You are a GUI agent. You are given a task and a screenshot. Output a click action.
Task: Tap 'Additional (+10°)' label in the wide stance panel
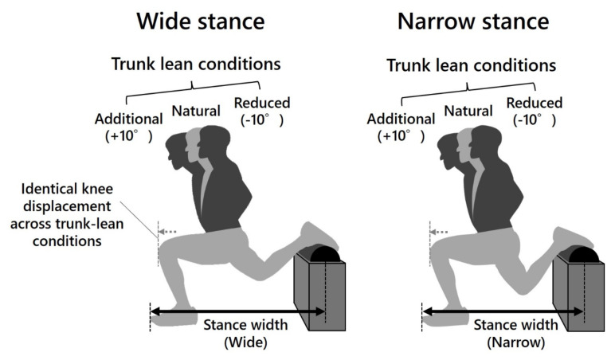point(128,127)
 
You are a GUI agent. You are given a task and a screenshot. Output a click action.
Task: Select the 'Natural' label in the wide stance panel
point(195,114)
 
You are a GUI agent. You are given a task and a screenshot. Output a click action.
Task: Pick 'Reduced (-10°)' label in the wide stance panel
point(261,112)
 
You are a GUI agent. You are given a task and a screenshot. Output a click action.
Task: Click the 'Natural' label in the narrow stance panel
point(467,114)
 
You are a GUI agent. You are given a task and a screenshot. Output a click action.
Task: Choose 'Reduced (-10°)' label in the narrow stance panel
point(534,112)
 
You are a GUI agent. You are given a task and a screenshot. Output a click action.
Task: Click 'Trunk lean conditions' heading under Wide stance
point(205,65)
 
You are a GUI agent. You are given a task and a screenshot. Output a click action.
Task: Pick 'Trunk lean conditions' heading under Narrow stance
point(472,65)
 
